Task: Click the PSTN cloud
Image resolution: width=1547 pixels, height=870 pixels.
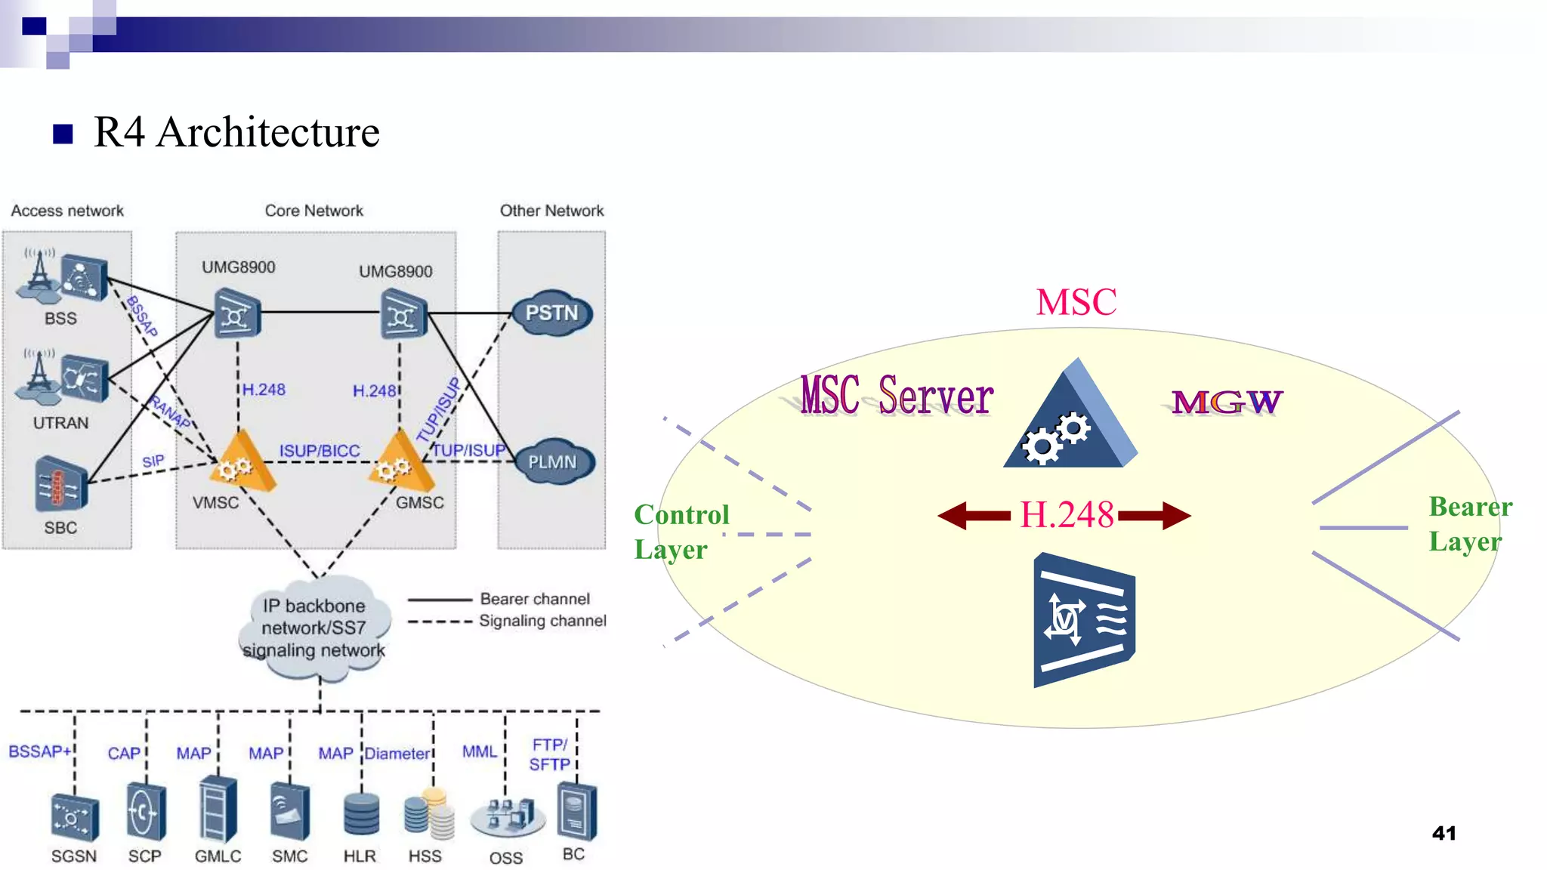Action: pyautogui.click(x=551, y=313)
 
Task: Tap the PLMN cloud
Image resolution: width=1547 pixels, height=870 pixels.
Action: pyautogui.click(x=554, y=461)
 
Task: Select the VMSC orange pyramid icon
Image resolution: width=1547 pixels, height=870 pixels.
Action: pyautogui.click(x=241, y=462)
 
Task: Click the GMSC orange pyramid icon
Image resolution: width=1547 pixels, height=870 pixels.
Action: pyautogui.click(x=400, y=462)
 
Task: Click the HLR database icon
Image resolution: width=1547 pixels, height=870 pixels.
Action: pyautogui.click(x=360, y=813)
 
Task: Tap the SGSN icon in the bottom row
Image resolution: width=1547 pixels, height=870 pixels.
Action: pyautogui.click(x=74, y=817)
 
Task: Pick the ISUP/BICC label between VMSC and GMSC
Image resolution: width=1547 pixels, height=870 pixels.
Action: pyautogui.click(x=320, y=451)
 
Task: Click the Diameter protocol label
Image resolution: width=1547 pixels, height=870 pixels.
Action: pyautogui.click(x=397, y=754)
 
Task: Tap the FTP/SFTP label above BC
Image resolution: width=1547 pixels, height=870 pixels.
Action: pyautogui.click(x=550, y=754)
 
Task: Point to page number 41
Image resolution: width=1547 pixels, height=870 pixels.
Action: pyautogui.click(x=1444, y=833)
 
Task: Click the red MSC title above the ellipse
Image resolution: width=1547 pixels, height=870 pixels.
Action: pyautogui.click(x=1076, y=302)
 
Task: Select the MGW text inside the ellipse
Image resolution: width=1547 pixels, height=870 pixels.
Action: pyautogui.click(x=1227, y=402)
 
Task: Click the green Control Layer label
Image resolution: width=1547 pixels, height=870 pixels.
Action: pyautogui.click(x=681, y=532)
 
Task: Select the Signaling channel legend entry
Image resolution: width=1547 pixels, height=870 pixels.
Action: pyautogui.click(x=542, y=621)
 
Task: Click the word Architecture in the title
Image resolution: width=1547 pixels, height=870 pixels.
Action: pyautogui.click(x=268, y=132)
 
